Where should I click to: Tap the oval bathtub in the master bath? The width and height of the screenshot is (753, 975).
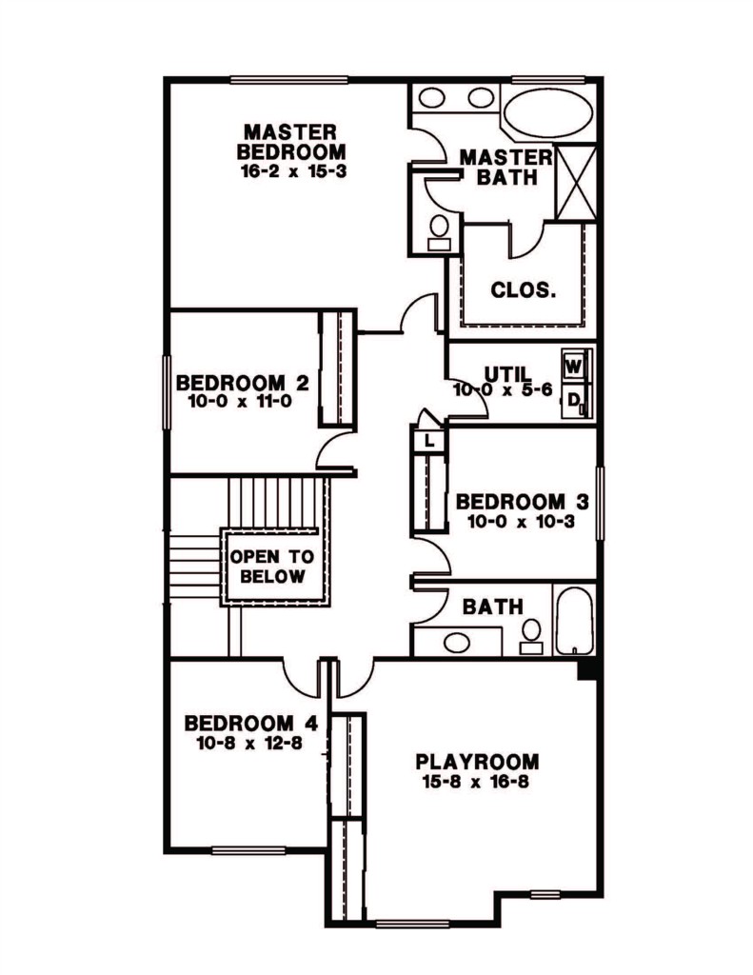coord(547,113)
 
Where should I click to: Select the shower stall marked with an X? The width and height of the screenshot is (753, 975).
coord(575,182)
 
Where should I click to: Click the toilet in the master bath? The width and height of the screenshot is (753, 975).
coord(440,233)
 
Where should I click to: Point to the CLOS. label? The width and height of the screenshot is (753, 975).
coord(523,289)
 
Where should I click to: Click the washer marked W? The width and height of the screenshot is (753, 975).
coord(573,367)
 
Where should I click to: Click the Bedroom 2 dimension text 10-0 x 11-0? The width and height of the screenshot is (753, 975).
coord(239,401)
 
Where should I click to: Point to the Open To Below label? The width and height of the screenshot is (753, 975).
coord(272,566)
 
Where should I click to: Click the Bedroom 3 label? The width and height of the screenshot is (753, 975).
coord(523,501)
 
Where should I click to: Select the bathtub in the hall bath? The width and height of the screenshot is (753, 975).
coord(574,620)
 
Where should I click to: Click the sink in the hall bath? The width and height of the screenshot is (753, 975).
coord(457,641)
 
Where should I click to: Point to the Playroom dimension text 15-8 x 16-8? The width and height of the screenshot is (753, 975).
coord(476,782)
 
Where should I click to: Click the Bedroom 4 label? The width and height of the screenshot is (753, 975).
coord(251,724)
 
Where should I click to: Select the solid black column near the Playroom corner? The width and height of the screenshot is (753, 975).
coord(587,670)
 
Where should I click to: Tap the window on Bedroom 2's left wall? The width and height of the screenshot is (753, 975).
coord(167,391)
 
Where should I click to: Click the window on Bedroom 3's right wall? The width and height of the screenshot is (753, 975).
coord(600,504)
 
